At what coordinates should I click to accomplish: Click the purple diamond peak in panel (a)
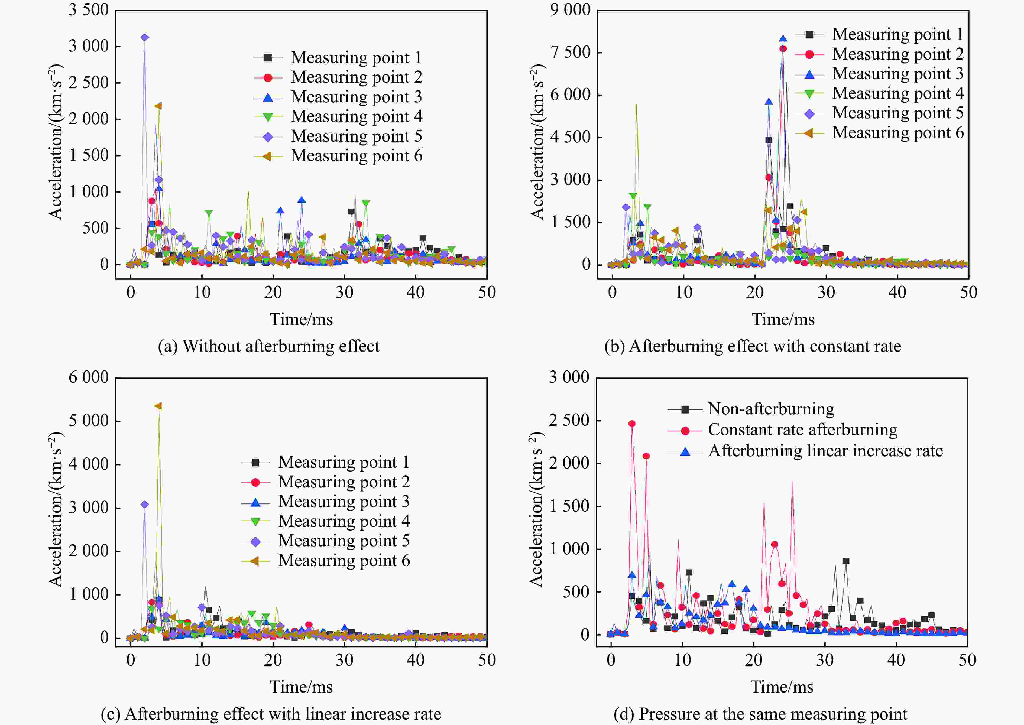(144, 37)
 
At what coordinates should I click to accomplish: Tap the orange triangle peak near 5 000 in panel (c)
(158, 406)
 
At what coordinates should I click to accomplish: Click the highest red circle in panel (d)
(632, 424)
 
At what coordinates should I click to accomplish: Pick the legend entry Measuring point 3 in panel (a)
(356, 97)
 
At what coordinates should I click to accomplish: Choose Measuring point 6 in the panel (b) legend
(897, 133)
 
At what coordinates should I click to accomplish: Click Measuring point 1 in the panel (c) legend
(344, 462)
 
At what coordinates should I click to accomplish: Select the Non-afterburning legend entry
(771, 409)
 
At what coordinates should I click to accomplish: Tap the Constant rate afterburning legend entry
(802, 430)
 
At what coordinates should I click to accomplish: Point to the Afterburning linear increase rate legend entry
(825, 451)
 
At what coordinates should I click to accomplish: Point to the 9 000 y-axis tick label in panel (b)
(570, 10)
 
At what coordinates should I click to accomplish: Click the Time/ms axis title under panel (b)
(783, 319)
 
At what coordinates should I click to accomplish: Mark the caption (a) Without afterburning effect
(268, 346)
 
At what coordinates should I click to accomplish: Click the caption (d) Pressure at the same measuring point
(760, 714)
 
